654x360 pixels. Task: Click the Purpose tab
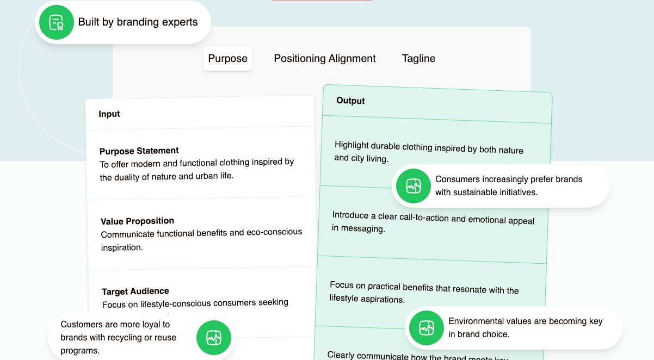click(x=227, y=59)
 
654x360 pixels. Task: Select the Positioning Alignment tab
click(x=325, y=59)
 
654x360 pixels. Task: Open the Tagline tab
click(x=418, y=59)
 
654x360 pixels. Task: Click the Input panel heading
click(x=109, y=114)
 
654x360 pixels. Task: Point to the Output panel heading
click(x=350, y=101)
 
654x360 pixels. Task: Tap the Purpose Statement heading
click(x=139, y=151)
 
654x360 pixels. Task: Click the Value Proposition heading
click(x=137, y=221)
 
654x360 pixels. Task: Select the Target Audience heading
click(x=135, y=291)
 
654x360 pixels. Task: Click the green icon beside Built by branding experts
click(x=57, y=22)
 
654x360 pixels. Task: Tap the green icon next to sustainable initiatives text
click(x=414, y=186)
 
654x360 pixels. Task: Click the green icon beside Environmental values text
click(x=427, y=328)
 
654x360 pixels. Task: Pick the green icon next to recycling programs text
click(x=214, y=338)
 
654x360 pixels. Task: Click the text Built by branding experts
click(x=138, y=22)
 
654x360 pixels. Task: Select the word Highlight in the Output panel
click(x=351, y=145)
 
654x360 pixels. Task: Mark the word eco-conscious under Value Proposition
click(x=274, y=232)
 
